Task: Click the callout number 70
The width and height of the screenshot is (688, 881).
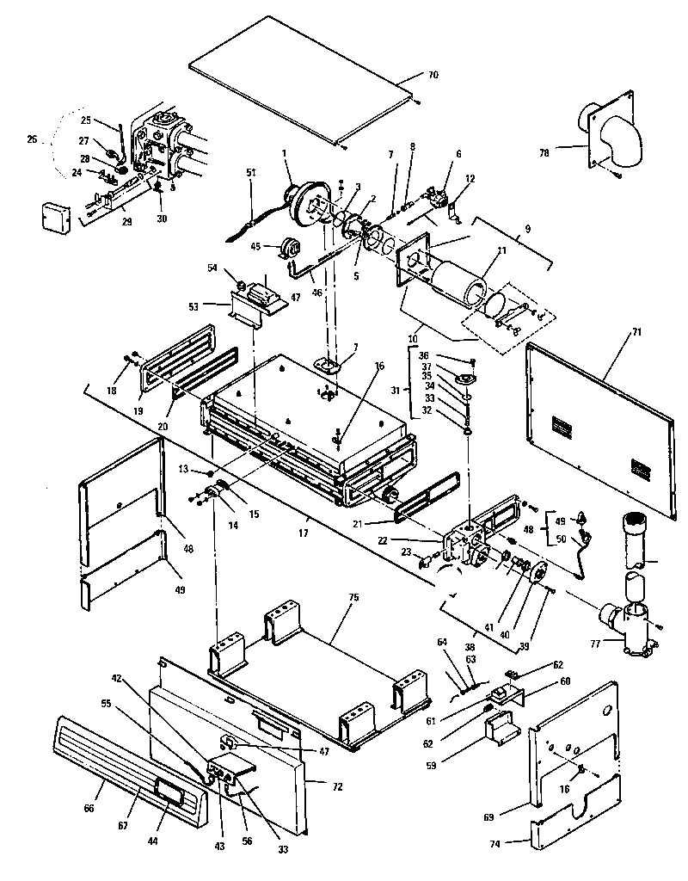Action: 433,76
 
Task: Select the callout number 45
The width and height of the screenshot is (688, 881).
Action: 255,246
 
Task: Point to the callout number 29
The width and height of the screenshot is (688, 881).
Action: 127,223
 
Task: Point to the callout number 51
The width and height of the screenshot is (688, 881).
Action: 251,173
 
